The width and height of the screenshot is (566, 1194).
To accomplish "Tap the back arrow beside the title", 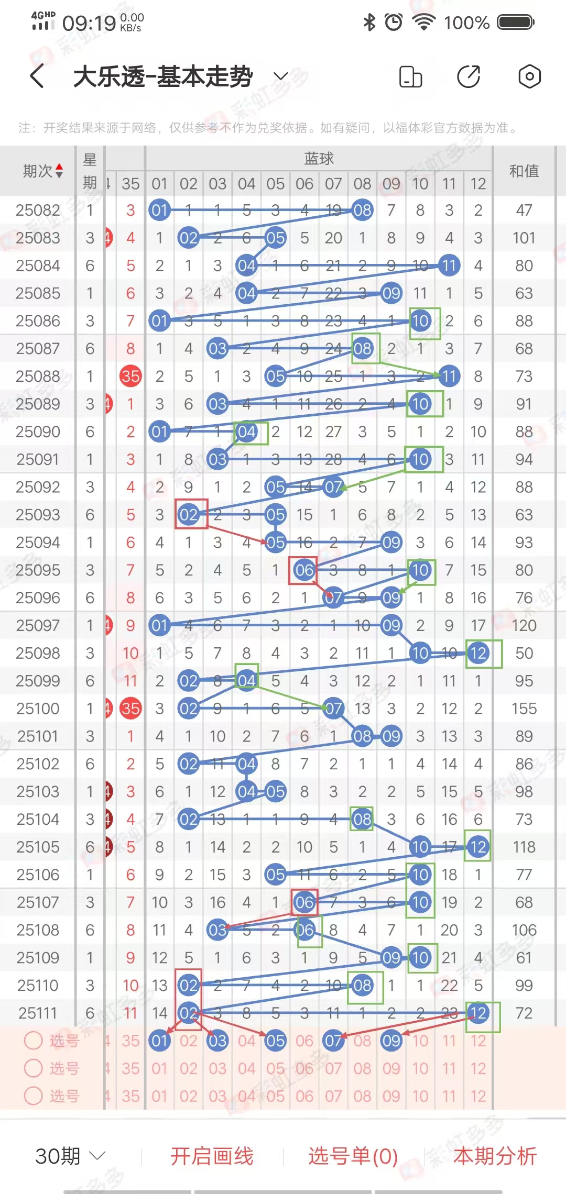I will point(37,76).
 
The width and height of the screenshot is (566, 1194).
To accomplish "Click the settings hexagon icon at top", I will point(529,76).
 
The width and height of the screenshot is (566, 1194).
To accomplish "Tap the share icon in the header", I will point(469,76).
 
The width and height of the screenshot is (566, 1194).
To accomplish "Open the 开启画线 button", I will point(212,1156).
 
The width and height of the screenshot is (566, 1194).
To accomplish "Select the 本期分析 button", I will point(495,1156).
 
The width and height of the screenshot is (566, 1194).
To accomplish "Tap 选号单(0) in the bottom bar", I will point(353,1156).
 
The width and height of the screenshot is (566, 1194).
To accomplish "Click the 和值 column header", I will point(524,171).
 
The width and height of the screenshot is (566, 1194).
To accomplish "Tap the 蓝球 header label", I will point(319,158).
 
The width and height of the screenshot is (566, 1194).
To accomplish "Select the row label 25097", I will point(38,625).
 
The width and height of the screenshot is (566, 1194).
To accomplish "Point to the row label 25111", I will point(38,1013).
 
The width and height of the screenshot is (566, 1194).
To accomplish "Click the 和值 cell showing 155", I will point(524,709).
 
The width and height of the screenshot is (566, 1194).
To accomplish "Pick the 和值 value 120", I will point(524,625).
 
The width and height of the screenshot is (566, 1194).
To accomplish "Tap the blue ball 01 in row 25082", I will point(159,210).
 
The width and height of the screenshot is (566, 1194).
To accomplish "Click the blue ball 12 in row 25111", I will point(478,1013).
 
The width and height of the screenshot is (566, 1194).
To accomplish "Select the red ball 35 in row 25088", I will point(130,376).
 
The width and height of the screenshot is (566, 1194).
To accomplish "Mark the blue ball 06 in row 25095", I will point(304,570).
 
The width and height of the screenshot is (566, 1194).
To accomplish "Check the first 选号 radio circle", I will point(34,1040).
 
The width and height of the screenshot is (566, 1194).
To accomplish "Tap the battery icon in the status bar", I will point(516,22).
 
